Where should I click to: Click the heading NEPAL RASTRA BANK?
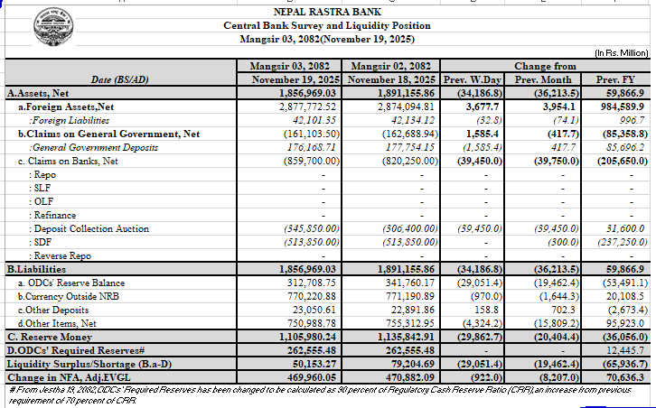327,12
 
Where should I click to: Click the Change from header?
545,67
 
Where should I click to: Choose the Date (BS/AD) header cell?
119,79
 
